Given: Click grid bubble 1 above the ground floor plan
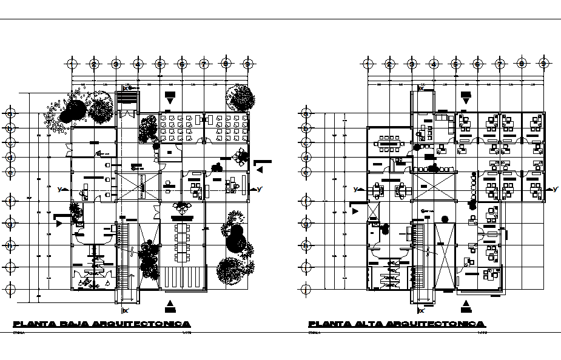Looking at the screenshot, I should [x=72, y=63].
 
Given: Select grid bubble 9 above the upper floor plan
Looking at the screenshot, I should [x=543, y=63].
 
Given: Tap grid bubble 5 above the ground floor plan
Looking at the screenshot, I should [x=160, y=63].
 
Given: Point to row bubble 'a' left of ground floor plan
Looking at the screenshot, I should [x=10, y=113].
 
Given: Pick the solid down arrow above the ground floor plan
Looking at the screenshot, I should [x=170, y=96].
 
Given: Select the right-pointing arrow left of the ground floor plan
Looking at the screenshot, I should [x=58, y=222].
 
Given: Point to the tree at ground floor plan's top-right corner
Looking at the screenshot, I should [x=240, y=98].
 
